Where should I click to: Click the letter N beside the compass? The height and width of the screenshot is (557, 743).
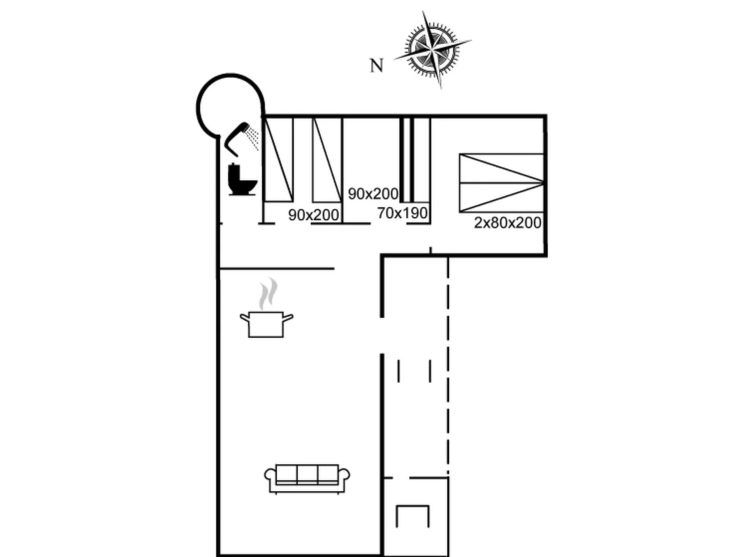377,66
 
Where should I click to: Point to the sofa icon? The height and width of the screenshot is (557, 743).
307,478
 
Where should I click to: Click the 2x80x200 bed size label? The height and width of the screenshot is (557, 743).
508,223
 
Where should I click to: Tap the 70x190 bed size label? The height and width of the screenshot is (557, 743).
402,213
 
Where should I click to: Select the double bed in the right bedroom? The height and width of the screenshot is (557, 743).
501,183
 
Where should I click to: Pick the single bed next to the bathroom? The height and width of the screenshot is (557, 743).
278,160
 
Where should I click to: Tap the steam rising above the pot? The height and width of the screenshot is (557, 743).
268,294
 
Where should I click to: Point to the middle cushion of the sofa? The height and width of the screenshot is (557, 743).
307,474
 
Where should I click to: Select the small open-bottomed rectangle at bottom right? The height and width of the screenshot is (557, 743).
413,516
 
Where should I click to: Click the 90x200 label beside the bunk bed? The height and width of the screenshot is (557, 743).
373,194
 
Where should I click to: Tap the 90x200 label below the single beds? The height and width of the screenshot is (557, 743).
313,215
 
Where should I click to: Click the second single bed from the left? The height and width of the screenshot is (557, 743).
327,160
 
